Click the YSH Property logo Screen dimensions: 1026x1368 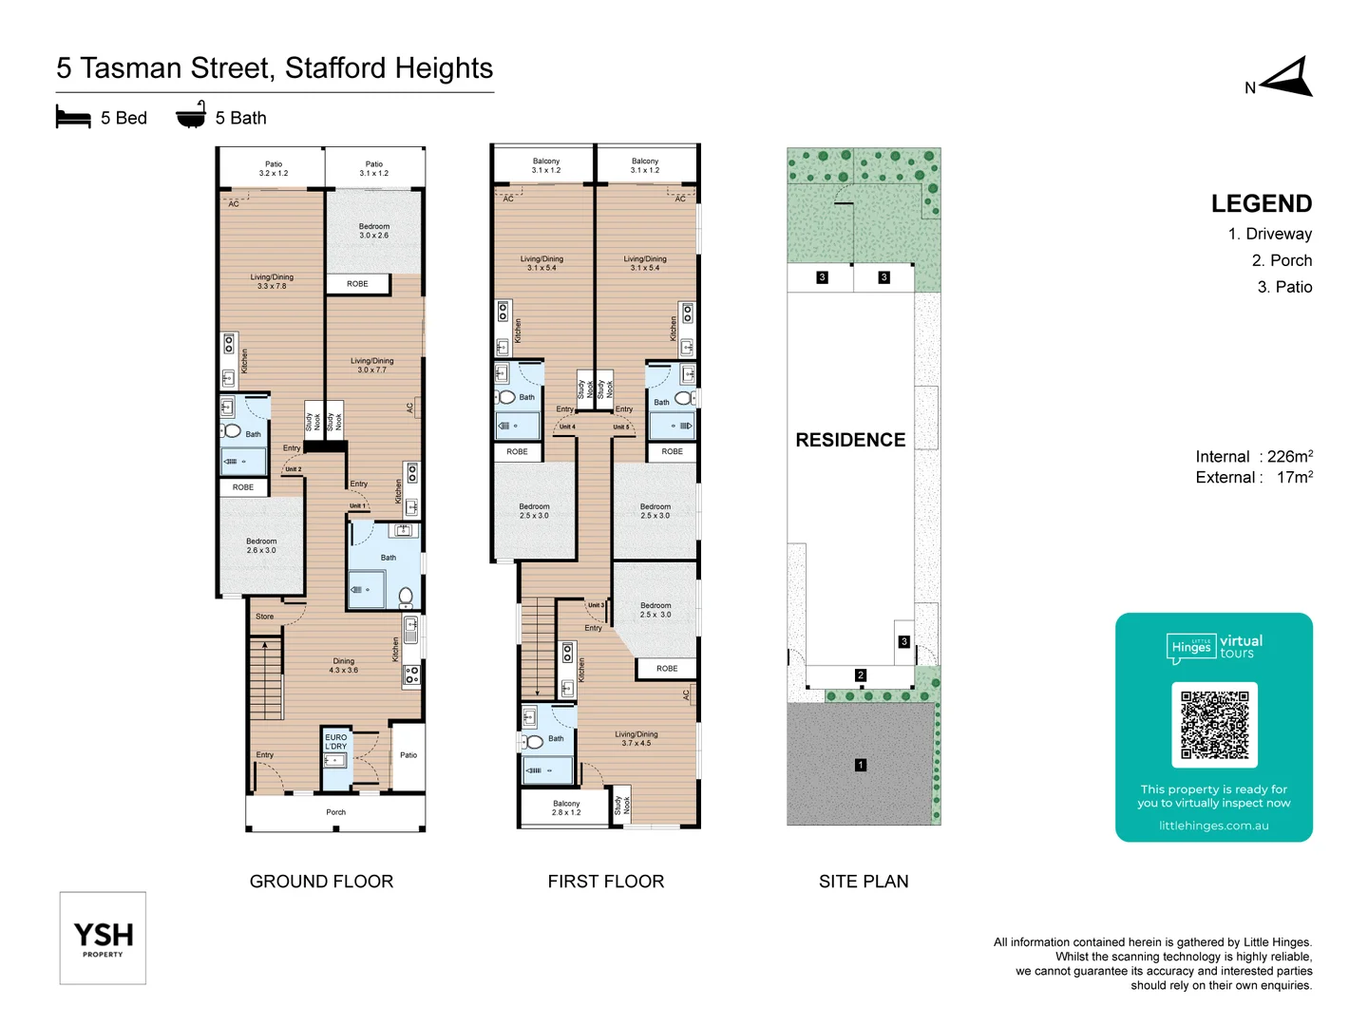pos(103,938)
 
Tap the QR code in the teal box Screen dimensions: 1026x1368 pos(1214,725)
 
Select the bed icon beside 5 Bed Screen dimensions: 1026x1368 pos(73,118)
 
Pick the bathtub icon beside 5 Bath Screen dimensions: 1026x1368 pos(191,115)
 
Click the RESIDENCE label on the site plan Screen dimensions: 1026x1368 pos(850,440)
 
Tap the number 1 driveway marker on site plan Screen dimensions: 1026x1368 pos(861,765)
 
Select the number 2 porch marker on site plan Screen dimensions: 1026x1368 pos(861,675)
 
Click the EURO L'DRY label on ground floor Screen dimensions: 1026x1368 pos(336,742)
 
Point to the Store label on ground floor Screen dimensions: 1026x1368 pos(264,617)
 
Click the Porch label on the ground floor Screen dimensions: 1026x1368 pos(335,812)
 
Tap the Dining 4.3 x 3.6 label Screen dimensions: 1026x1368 pos(344,665)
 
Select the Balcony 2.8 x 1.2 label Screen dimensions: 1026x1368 pos(566,807)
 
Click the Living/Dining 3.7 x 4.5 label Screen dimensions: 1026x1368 pos(636,738)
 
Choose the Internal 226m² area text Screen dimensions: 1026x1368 pos(1254,457)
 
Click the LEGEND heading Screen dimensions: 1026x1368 pos(1261,204)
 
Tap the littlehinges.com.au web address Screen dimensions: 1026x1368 pos(1213,826)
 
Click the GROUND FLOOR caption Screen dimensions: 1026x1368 pos(321,882)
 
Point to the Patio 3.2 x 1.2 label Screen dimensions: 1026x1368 pos(274,168)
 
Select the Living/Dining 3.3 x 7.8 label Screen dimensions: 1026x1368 pos(273,281)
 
